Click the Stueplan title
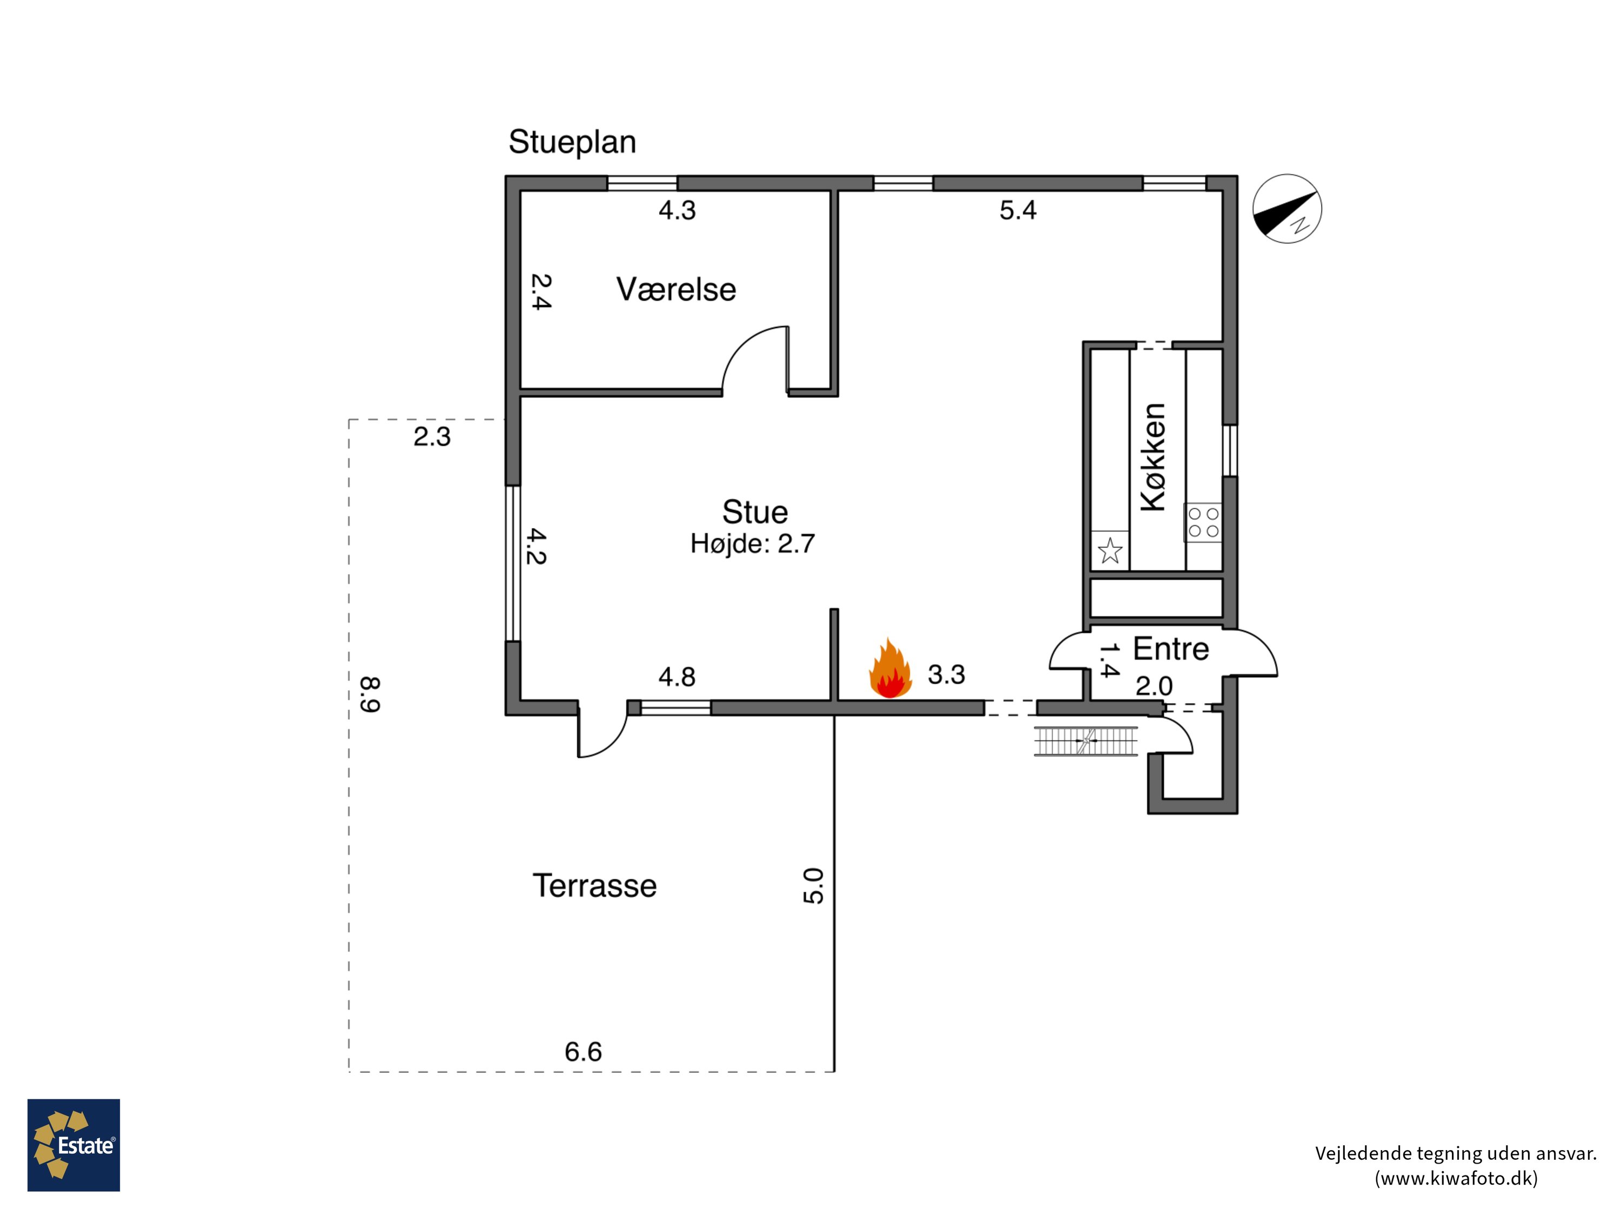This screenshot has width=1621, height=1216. (572, 142)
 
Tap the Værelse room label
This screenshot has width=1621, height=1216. (675, 290)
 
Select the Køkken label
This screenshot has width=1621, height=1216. (1153, 457)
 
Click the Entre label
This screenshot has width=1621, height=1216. (1170, 649)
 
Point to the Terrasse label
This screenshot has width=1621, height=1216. (594, 885)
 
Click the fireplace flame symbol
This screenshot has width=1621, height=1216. (889, 669)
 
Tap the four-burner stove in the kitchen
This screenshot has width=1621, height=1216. (1203, 523)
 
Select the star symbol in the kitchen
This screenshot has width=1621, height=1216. (1110, 551)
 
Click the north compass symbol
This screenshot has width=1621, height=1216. (1287, 208)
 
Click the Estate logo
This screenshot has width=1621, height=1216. (74, 1144)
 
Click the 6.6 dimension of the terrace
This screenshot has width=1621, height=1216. (584, 1052)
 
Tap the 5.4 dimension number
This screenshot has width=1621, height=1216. (1018, 210)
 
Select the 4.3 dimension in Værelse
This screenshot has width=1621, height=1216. (676, 210)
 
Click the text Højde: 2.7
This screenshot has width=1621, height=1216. (753, 544)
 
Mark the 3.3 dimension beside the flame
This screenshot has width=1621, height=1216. (946, 674)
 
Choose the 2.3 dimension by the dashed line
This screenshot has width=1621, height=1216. (432, 437)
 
